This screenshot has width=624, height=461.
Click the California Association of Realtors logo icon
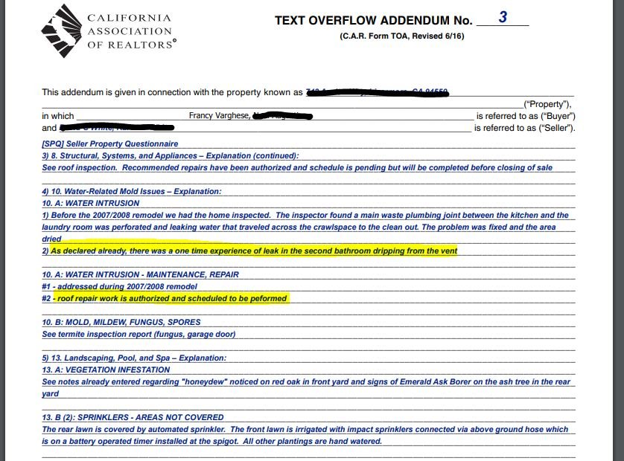point(62,30)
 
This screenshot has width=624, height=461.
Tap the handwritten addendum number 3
point(503,17)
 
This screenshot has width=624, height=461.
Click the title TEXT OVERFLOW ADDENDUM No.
point(373,21)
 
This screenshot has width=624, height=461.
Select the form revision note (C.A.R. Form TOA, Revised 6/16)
point(401,36)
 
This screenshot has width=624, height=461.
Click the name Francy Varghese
point(218,116)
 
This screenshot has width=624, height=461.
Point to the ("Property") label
point(547,104)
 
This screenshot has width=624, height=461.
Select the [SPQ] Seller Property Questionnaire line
point(110,144)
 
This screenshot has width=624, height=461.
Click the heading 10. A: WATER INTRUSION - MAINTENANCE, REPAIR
point(141,274)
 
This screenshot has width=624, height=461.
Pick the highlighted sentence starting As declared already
point(254,251)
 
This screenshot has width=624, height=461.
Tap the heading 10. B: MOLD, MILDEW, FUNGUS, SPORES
point(121,322)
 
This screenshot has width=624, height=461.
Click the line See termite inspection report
point(139,334)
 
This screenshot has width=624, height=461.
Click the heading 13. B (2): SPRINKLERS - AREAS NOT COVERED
point(133,417)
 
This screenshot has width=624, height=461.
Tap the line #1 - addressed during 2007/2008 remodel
point(120,286)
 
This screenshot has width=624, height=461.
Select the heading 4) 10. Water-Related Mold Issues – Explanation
point(132,191)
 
